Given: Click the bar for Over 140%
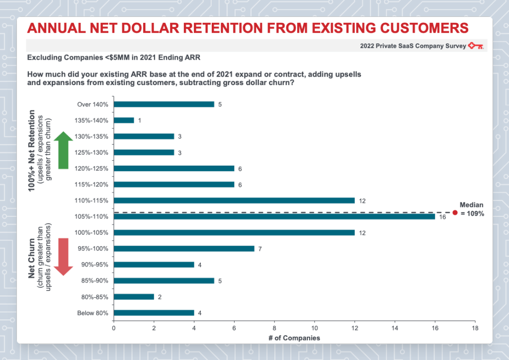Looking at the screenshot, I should tap(164, 104).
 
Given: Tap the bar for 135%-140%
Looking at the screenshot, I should tap(124, 120).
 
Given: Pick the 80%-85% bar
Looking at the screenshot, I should tap(134, 297).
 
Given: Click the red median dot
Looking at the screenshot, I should tap(455, 212).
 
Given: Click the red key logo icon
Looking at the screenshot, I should tap(476, 46).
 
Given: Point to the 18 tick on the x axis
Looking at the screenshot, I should tap(475, 328).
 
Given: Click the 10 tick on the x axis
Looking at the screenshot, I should tap(314, 328).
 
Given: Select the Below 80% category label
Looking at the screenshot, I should tap(93, 313).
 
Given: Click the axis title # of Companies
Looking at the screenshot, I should tap(295, 338).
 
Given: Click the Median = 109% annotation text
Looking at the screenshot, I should tap(472, 209).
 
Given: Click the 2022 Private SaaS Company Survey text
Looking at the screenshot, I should tap(413, 46).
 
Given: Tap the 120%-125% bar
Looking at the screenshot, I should tap(174, 169).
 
